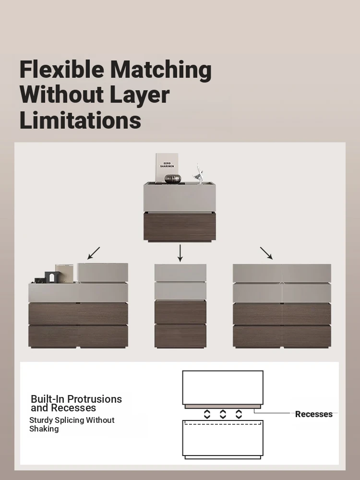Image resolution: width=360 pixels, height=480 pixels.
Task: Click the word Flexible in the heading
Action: [x=62, y=69]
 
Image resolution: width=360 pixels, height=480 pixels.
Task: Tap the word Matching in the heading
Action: [x=161, y=71]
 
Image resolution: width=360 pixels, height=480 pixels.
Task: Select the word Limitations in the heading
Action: [x=80, y=120]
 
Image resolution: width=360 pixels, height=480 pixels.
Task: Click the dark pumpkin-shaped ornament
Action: [x=173, y=179]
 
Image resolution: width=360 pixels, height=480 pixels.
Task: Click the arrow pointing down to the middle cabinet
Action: [x=180, y=253]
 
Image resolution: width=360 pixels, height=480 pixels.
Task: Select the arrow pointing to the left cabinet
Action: [x=94, y=253]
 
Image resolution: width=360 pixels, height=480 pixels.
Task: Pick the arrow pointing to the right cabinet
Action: [x=266, y=253]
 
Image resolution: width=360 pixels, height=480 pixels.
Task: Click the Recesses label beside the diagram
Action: [x=314, y=414]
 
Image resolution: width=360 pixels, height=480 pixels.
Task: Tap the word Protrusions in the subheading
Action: [x=94, y=399]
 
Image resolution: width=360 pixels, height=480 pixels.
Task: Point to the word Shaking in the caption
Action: [x=44, y=429]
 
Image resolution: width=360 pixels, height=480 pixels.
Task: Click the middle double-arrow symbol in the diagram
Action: [x=223, y=414]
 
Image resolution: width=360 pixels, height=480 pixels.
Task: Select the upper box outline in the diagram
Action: [x=223, y=371]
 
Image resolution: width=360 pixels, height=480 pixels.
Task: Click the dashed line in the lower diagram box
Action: [x=223, y=424]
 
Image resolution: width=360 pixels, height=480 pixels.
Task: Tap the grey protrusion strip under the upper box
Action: [x=223, y=407]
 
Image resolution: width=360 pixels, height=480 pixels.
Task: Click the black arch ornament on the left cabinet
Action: [x=50, y=277]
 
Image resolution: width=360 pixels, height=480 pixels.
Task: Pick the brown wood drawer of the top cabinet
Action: [x=180, y=227]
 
